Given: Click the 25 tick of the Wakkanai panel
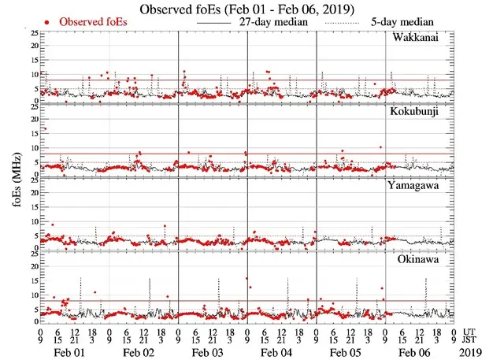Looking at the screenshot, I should coord(32,33).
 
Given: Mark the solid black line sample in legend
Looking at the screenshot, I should coord(212,24).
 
